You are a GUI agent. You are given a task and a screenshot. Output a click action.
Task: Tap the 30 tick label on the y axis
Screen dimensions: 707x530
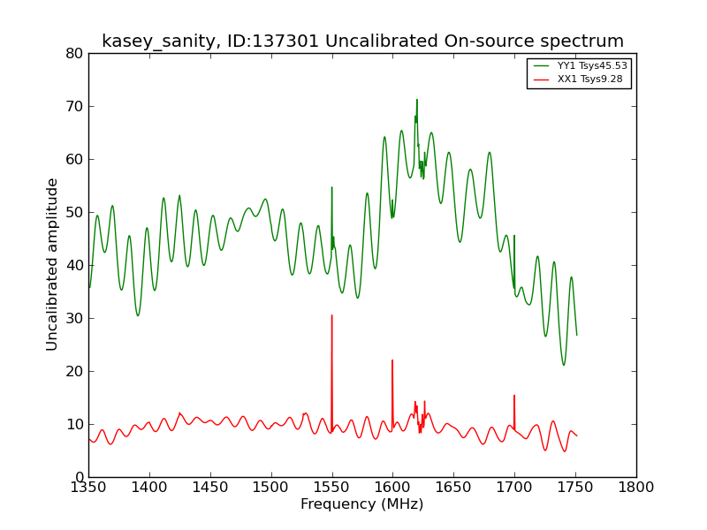(75, 319)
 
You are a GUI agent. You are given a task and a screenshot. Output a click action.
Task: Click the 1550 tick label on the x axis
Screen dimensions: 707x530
(332, 488)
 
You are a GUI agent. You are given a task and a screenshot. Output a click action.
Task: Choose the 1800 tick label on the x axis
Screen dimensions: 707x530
(636, 488)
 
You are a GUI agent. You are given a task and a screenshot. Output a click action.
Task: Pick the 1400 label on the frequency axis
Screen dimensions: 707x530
(149, 488)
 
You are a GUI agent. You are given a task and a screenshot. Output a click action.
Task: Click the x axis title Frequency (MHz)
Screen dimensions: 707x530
(362, 504)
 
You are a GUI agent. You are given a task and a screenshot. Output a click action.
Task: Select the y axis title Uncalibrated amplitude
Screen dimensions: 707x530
(52, 264)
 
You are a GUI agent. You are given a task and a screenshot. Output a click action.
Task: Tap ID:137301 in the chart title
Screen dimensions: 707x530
(273, 41)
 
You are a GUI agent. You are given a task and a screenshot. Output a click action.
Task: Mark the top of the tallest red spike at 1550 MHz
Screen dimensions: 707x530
(332, 315)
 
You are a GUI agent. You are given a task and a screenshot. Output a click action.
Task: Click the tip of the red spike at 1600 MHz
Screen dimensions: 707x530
(392, 360)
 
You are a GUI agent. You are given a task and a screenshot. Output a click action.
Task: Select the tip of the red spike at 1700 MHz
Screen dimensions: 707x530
(514, 395)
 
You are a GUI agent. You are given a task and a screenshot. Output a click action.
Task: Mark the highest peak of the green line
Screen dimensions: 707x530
(416, 99)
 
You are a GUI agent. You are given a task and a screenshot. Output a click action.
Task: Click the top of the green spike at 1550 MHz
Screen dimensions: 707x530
(332, 187)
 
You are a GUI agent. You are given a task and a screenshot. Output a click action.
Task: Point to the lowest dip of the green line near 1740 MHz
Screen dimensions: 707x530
(564, 365)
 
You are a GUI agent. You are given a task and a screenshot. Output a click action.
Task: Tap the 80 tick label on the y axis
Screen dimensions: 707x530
(75, 54)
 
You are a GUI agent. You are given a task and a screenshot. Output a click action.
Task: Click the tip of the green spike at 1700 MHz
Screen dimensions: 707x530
(514, 235)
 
